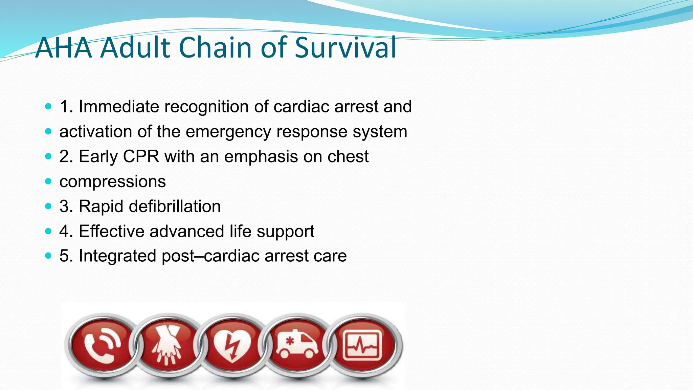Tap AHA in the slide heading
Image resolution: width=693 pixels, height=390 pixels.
(x=64, y=47)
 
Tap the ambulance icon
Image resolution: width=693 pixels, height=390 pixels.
(x=297, y=345)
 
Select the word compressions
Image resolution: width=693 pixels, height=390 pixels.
(x=112, y=181)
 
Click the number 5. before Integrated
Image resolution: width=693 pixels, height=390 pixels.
(x=66, y=256)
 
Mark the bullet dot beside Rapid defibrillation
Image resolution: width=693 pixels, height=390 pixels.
(x=48, y=206)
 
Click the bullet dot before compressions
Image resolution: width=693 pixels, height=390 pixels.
(x=48, y=181)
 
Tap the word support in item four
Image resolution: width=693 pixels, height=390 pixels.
(x=285, y=232)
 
